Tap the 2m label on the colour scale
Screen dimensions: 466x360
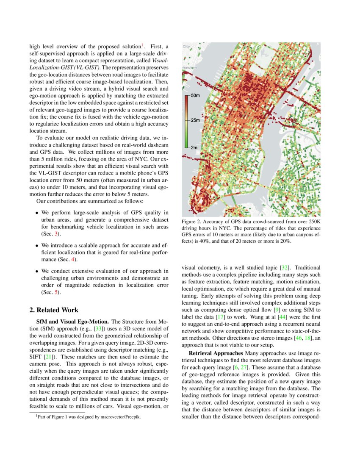(194, 147)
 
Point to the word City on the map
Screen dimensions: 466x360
(186, 46)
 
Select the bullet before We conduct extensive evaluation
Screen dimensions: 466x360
(37, 272)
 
